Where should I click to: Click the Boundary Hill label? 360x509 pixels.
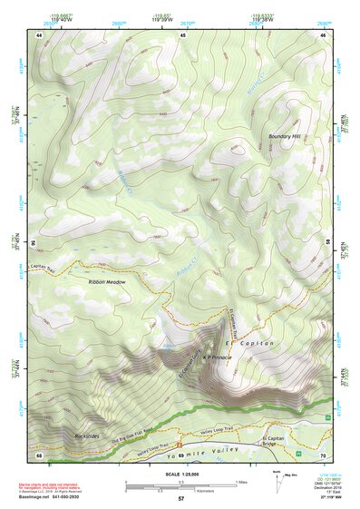click(284, 137)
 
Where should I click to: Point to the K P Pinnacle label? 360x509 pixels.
click(218, 357)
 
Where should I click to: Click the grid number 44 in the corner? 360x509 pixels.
click(39, 34)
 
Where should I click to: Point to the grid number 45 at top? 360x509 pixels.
click(182, 34)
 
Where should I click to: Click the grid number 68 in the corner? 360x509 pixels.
click(39, 454)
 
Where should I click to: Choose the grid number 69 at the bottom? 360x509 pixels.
click(180, 454)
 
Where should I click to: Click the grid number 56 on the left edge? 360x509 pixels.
click(35, 243)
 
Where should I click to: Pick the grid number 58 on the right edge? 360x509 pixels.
click(326, 243)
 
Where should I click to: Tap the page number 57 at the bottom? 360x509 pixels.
click(180, 499)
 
